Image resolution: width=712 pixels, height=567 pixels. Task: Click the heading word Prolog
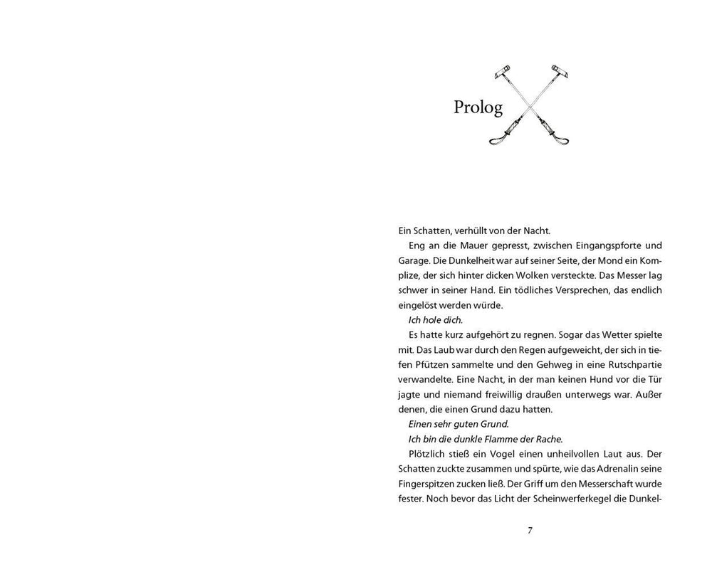[478, 107]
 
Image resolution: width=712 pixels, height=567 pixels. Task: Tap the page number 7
[530, 530]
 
